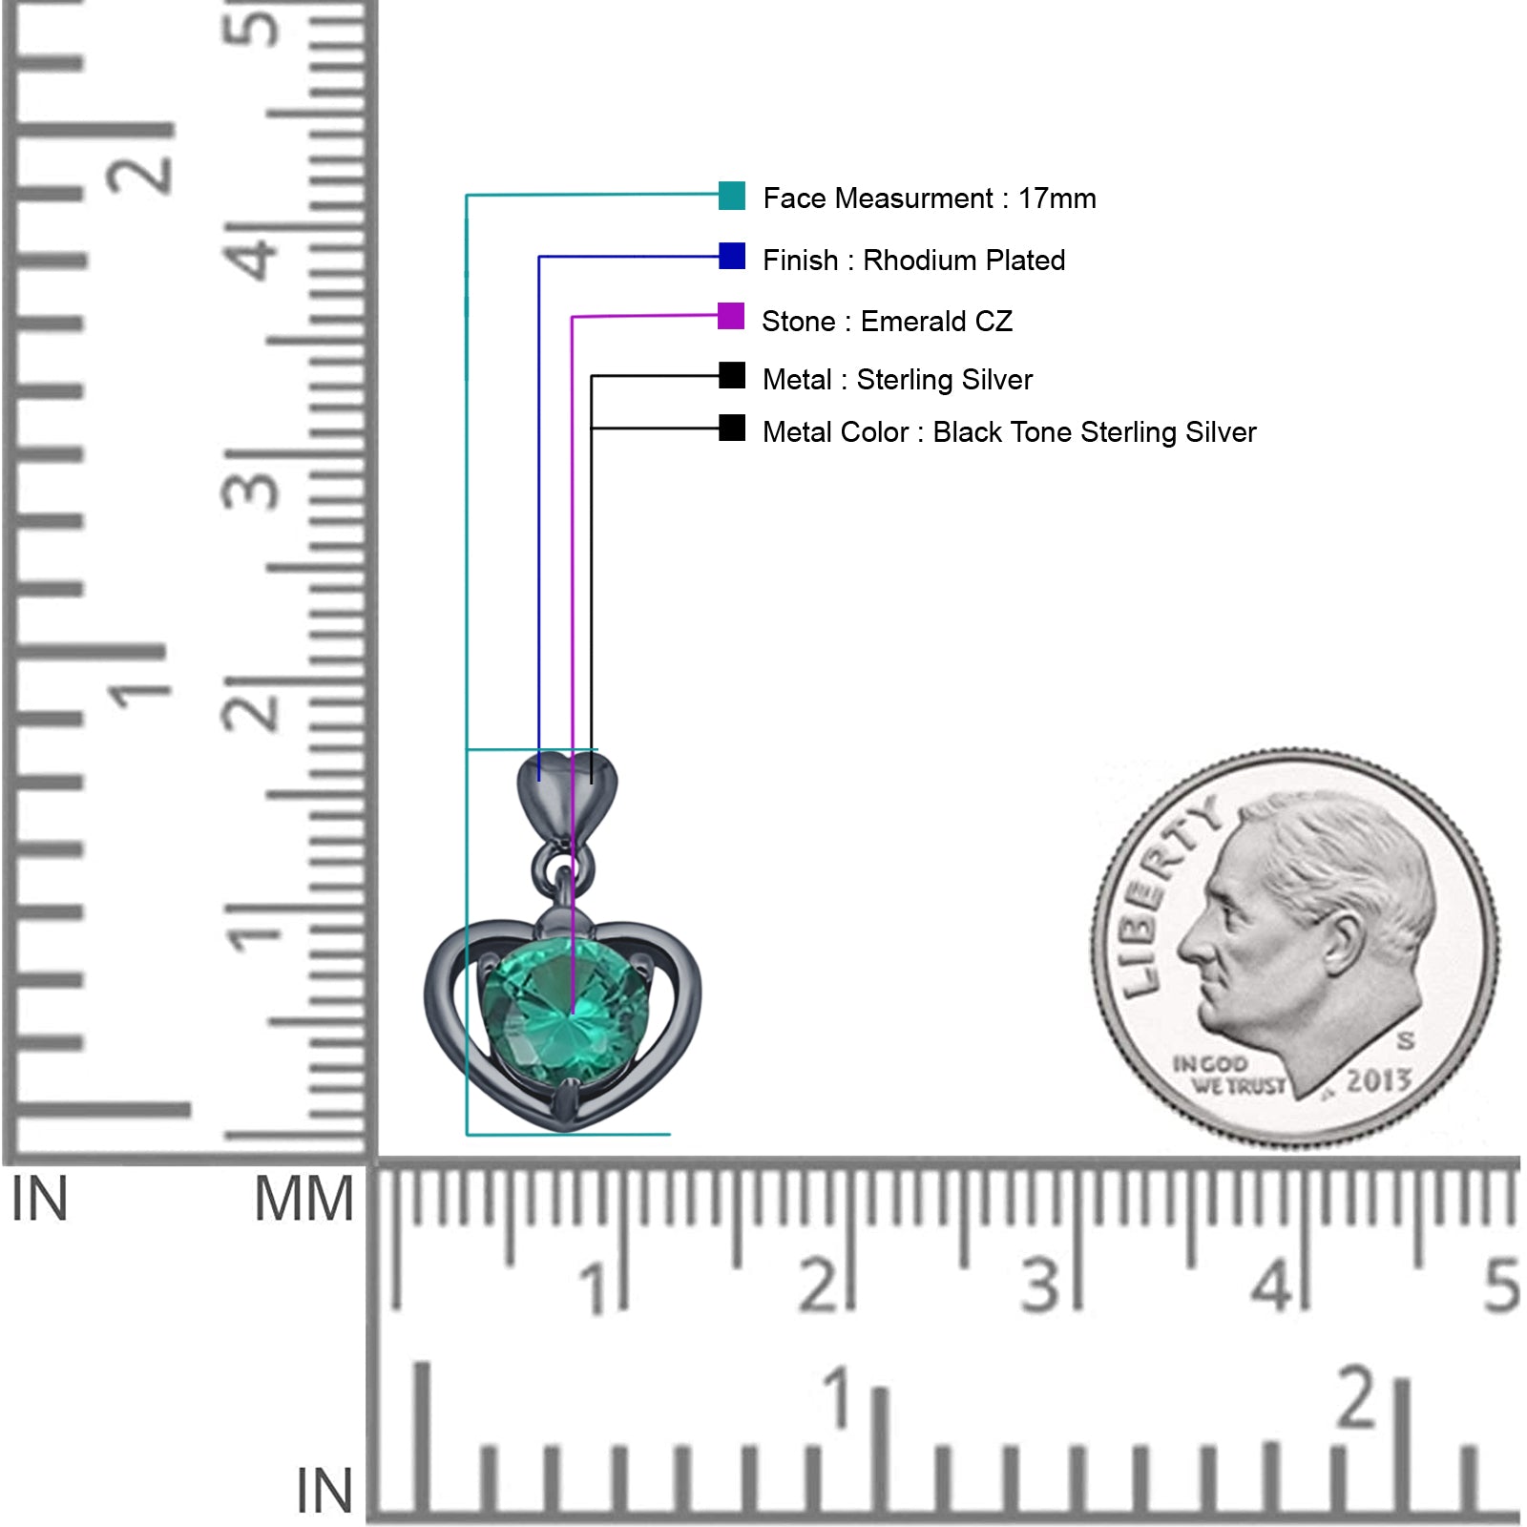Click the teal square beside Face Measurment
pos(732,196)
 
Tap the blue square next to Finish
pos(732,256)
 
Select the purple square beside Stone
pos(731,316)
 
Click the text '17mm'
pos(1056,199)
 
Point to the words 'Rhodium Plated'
pos(964,261)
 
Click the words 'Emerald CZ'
pos(936,322)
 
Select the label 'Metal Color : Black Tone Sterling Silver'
pos(1009,432)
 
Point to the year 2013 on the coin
pos(1378,1080)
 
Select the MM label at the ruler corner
pos(303,1200)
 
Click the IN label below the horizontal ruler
pos(324,1491)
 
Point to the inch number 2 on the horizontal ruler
pos(1356,1397)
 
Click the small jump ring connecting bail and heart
pos(563,867)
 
